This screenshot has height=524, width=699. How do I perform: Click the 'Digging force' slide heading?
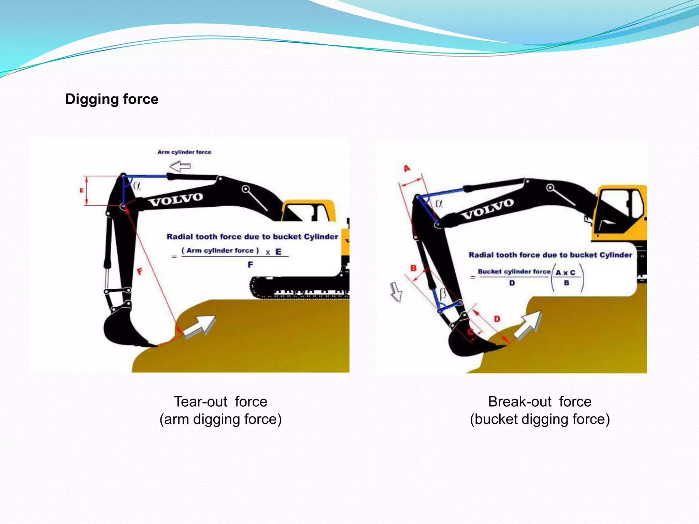[x=112, y=99]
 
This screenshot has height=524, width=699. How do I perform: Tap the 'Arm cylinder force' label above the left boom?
[x=184, y=152]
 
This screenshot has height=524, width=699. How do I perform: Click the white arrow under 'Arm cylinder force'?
[x=180, y=166]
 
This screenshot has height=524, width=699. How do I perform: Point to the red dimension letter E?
[x=82, y=190]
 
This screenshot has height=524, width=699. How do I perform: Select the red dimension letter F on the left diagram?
[x=140, y=272]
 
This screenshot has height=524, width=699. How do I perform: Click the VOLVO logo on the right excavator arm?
[x=487, y=209]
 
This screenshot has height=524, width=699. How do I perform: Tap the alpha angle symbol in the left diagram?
[x=137, y=186]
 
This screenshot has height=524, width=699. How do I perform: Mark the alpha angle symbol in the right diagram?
[x=439, y=204]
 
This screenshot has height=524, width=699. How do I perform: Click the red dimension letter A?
[x=407, y=168]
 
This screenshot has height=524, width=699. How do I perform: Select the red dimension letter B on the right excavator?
[x=413, y=268]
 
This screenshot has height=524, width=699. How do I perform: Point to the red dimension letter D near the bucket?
[x=497, y=319]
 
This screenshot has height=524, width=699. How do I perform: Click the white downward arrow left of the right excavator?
[x=396, y=292]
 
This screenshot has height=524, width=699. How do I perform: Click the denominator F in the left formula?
[x=250, y=265]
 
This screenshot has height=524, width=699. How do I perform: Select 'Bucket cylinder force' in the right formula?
[x=514, y=272]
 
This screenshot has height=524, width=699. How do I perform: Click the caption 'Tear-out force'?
[x=220, y=402]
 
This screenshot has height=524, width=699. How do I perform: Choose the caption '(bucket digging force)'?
[x=540, y=419]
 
